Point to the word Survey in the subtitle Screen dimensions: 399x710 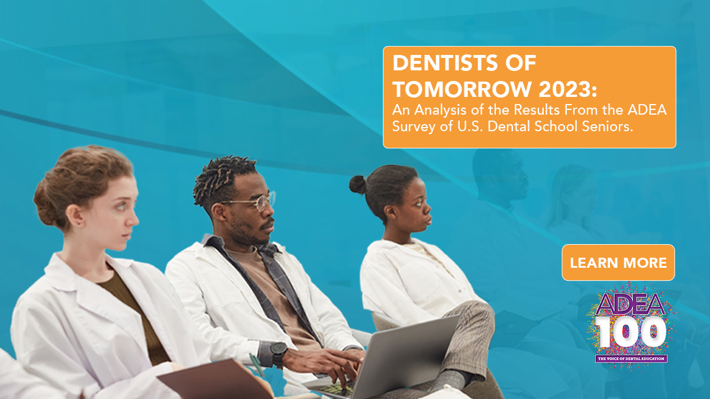[414, 127]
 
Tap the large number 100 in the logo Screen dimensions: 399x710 [631, 332]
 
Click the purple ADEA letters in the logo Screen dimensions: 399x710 [631, 303]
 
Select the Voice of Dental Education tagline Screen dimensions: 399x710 [631, 358]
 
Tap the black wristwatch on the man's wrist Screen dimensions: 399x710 [279, 353]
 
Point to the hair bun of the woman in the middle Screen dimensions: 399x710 [357, 184]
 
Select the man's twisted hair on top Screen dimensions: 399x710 [222, 174]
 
